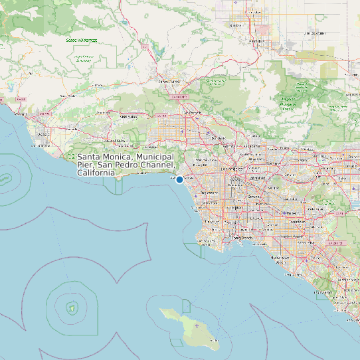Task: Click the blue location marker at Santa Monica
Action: (x=179, y=179)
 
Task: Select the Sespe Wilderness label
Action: (x=81, y=40)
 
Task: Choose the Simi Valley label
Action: (x=128, y=117)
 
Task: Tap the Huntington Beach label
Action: (x=283, y=263)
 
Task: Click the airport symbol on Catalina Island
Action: (x=197, y=325)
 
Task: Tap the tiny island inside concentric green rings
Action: (x=71, y=307)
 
